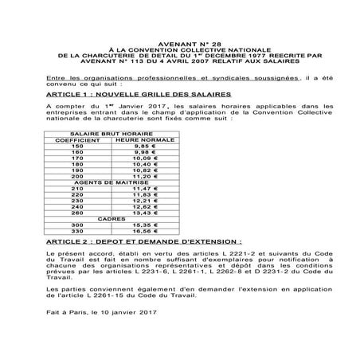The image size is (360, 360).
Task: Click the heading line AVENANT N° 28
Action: pyautogui.click(x=179, y=37)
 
